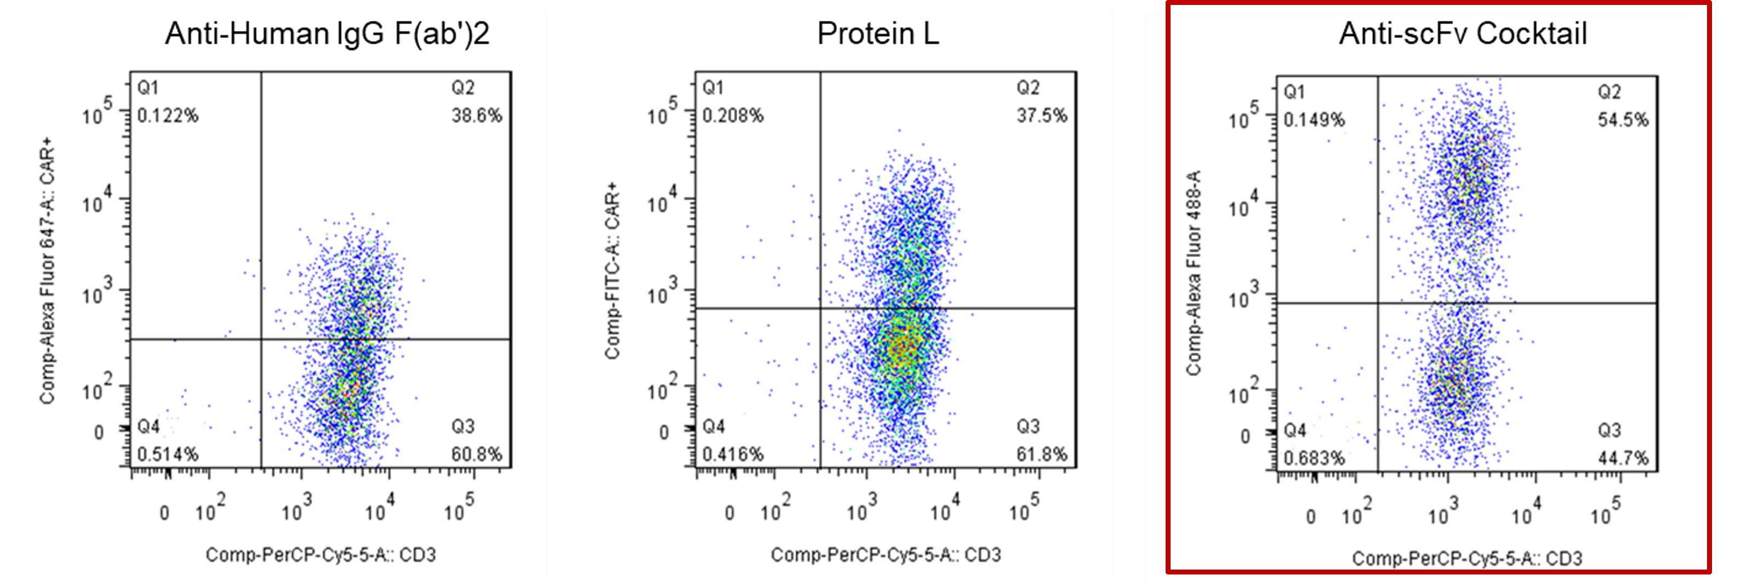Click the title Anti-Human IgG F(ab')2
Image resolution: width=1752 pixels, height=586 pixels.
(x=327, y=33)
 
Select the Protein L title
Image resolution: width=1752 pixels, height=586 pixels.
(x=878, y=33)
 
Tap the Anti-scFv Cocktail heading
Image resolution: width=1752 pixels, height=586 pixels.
(x=1463, y=33)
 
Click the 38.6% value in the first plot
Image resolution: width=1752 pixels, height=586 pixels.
(x=477, y=116)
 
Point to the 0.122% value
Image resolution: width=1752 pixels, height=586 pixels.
(x=168, y=116)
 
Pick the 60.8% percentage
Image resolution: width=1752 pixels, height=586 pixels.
(x=477, y=454)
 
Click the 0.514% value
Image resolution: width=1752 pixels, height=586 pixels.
(x=168, y=454)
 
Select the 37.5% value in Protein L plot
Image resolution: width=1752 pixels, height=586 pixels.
(x=1042, y=116)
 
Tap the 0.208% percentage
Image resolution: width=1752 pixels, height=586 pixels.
(x=733, y=116)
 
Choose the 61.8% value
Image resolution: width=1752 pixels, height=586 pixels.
(x=1042, y=454)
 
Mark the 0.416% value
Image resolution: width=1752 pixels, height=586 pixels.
(x=733, y=454)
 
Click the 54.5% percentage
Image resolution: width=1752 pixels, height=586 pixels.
(x=1623, y=120)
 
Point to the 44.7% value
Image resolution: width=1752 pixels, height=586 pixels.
(x=1623, y=458)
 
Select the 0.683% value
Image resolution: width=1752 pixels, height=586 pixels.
(x=1314, y=458)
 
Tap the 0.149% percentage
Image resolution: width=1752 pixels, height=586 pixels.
(x=1314, y=120)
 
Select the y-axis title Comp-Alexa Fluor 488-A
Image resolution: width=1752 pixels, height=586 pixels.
(x=1194, y=272)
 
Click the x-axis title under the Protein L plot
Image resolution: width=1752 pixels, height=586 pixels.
(x=886, y=555)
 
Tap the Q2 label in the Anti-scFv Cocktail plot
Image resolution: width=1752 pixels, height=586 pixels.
(x=1609, y=92)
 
